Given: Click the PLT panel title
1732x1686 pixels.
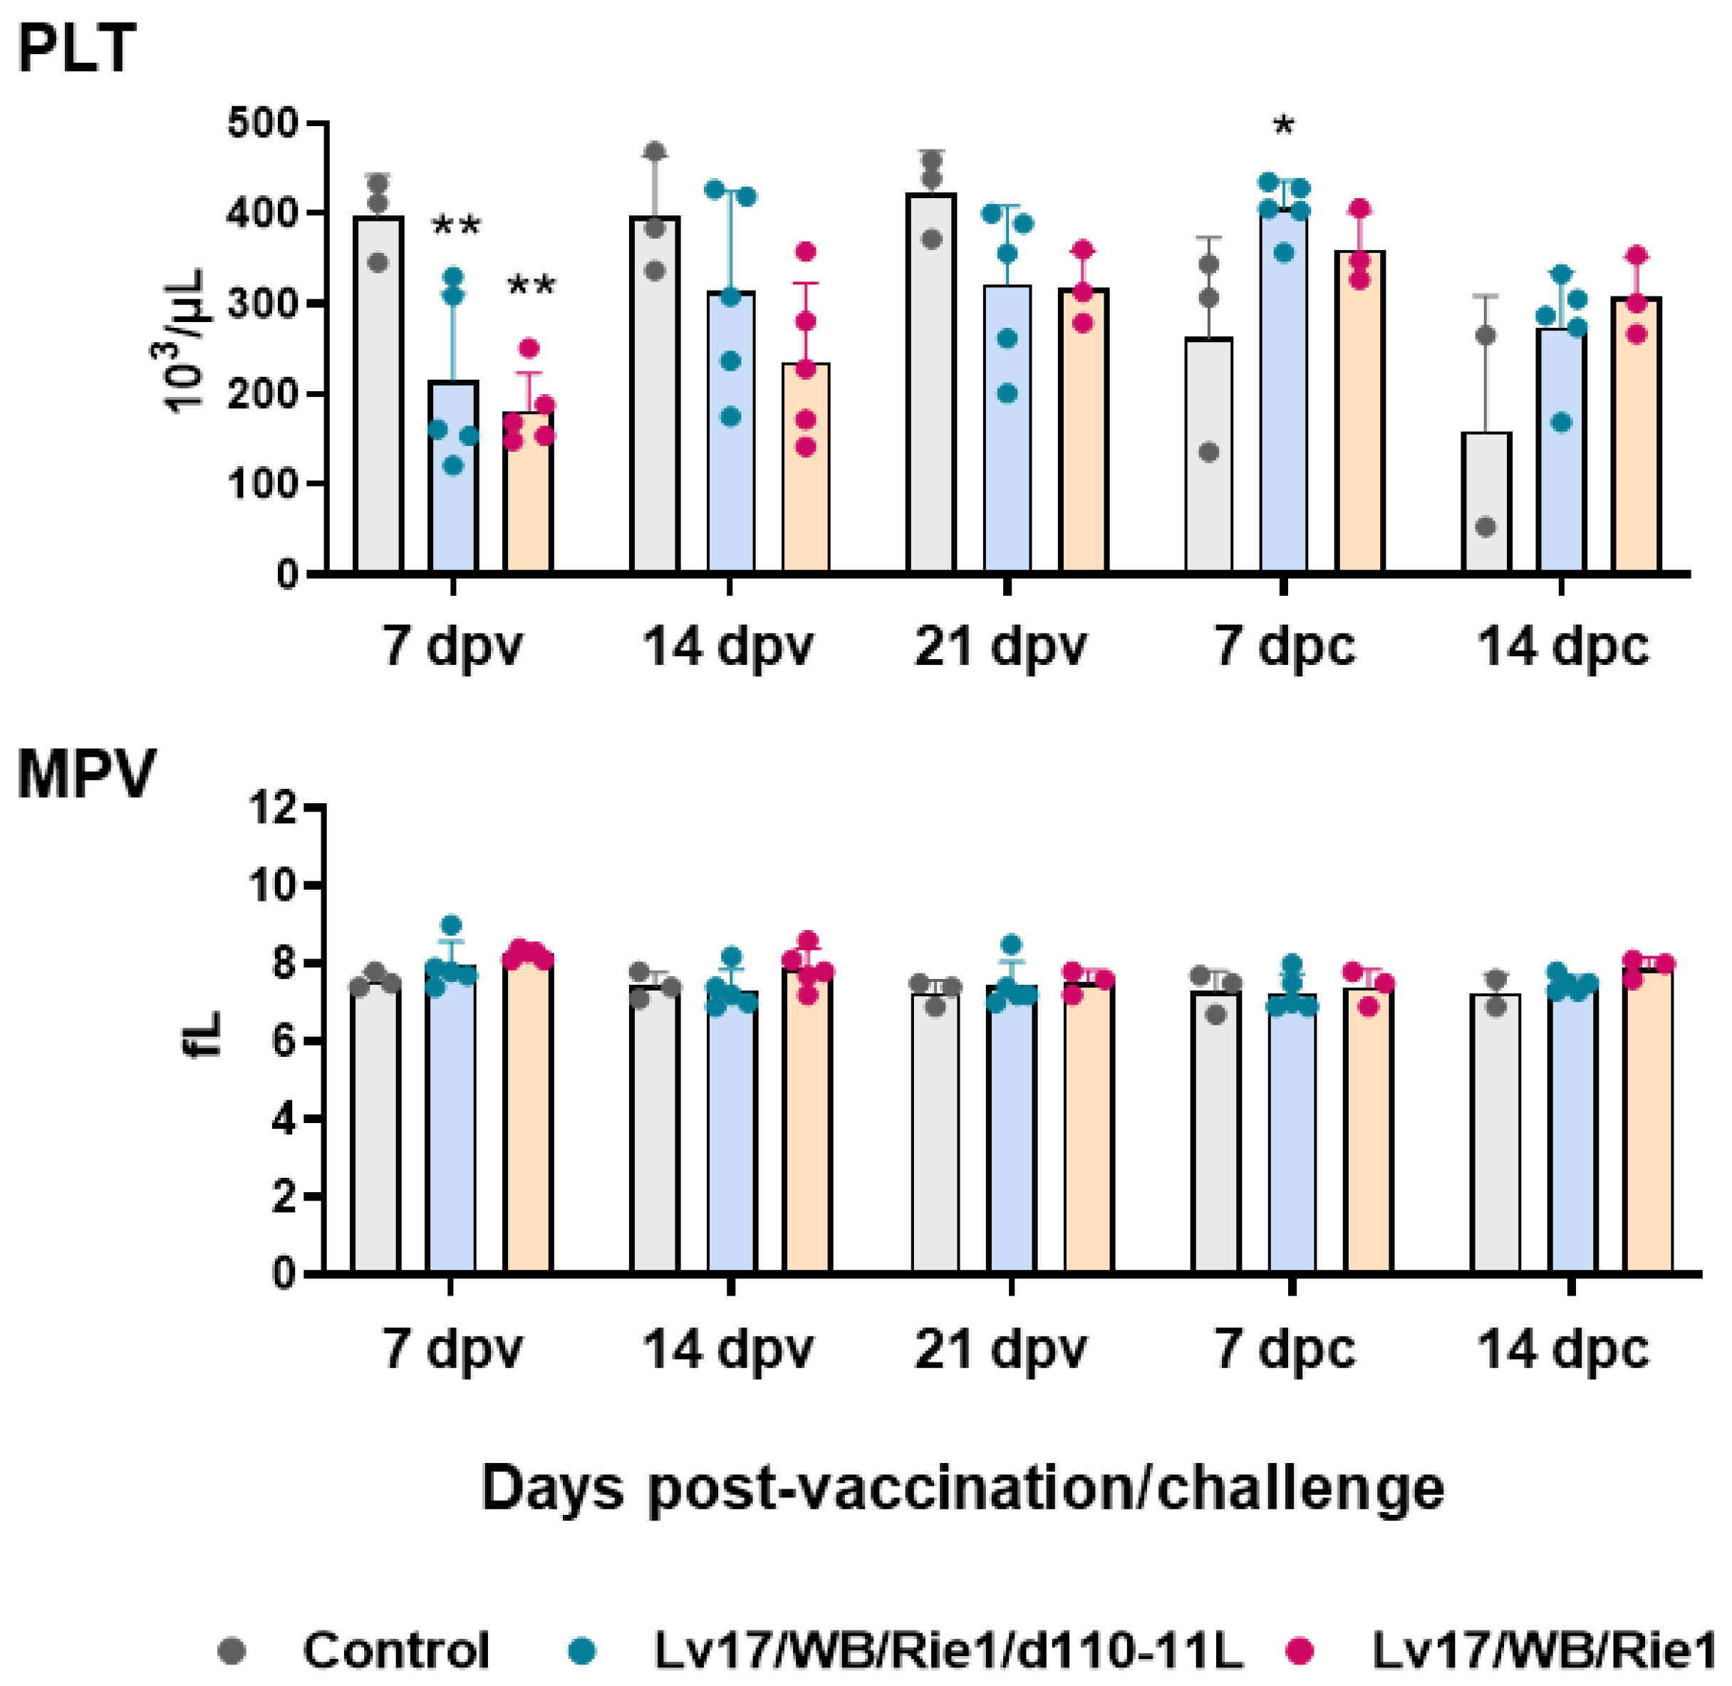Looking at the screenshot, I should click(77, 48).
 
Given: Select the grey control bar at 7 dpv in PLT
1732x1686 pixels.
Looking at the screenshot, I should click(378, 398).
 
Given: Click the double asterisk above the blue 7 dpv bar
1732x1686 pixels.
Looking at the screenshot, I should click(456, 227).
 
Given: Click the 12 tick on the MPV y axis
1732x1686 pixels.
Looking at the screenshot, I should click(273, 807).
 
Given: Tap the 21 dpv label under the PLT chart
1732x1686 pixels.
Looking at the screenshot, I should click(1000, 647).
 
